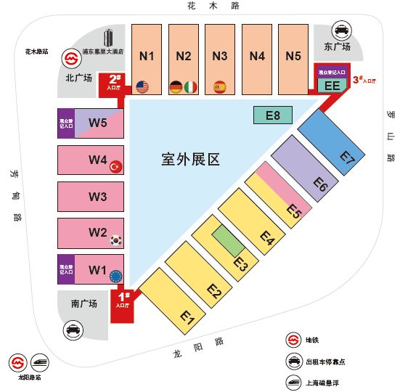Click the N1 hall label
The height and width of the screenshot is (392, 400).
(147, 56)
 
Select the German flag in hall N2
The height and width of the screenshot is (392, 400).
(176, 87)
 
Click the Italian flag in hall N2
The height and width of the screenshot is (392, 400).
(191, 87)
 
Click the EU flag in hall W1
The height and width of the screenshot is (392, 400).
(115, 277)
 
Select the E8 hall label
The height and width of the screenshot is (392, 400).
(272, 115)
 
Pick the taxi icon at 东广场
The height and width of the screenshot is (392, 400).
(340, 30)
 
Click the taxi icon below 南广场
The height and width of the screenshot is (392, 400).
(73, 330)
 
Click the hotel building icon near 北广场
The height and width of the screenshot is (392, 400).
(109, 38)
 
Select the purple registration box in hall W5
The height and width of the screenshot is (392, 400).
(66, 122)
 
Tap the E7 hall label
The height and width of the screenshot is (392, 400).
(348, 155)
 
